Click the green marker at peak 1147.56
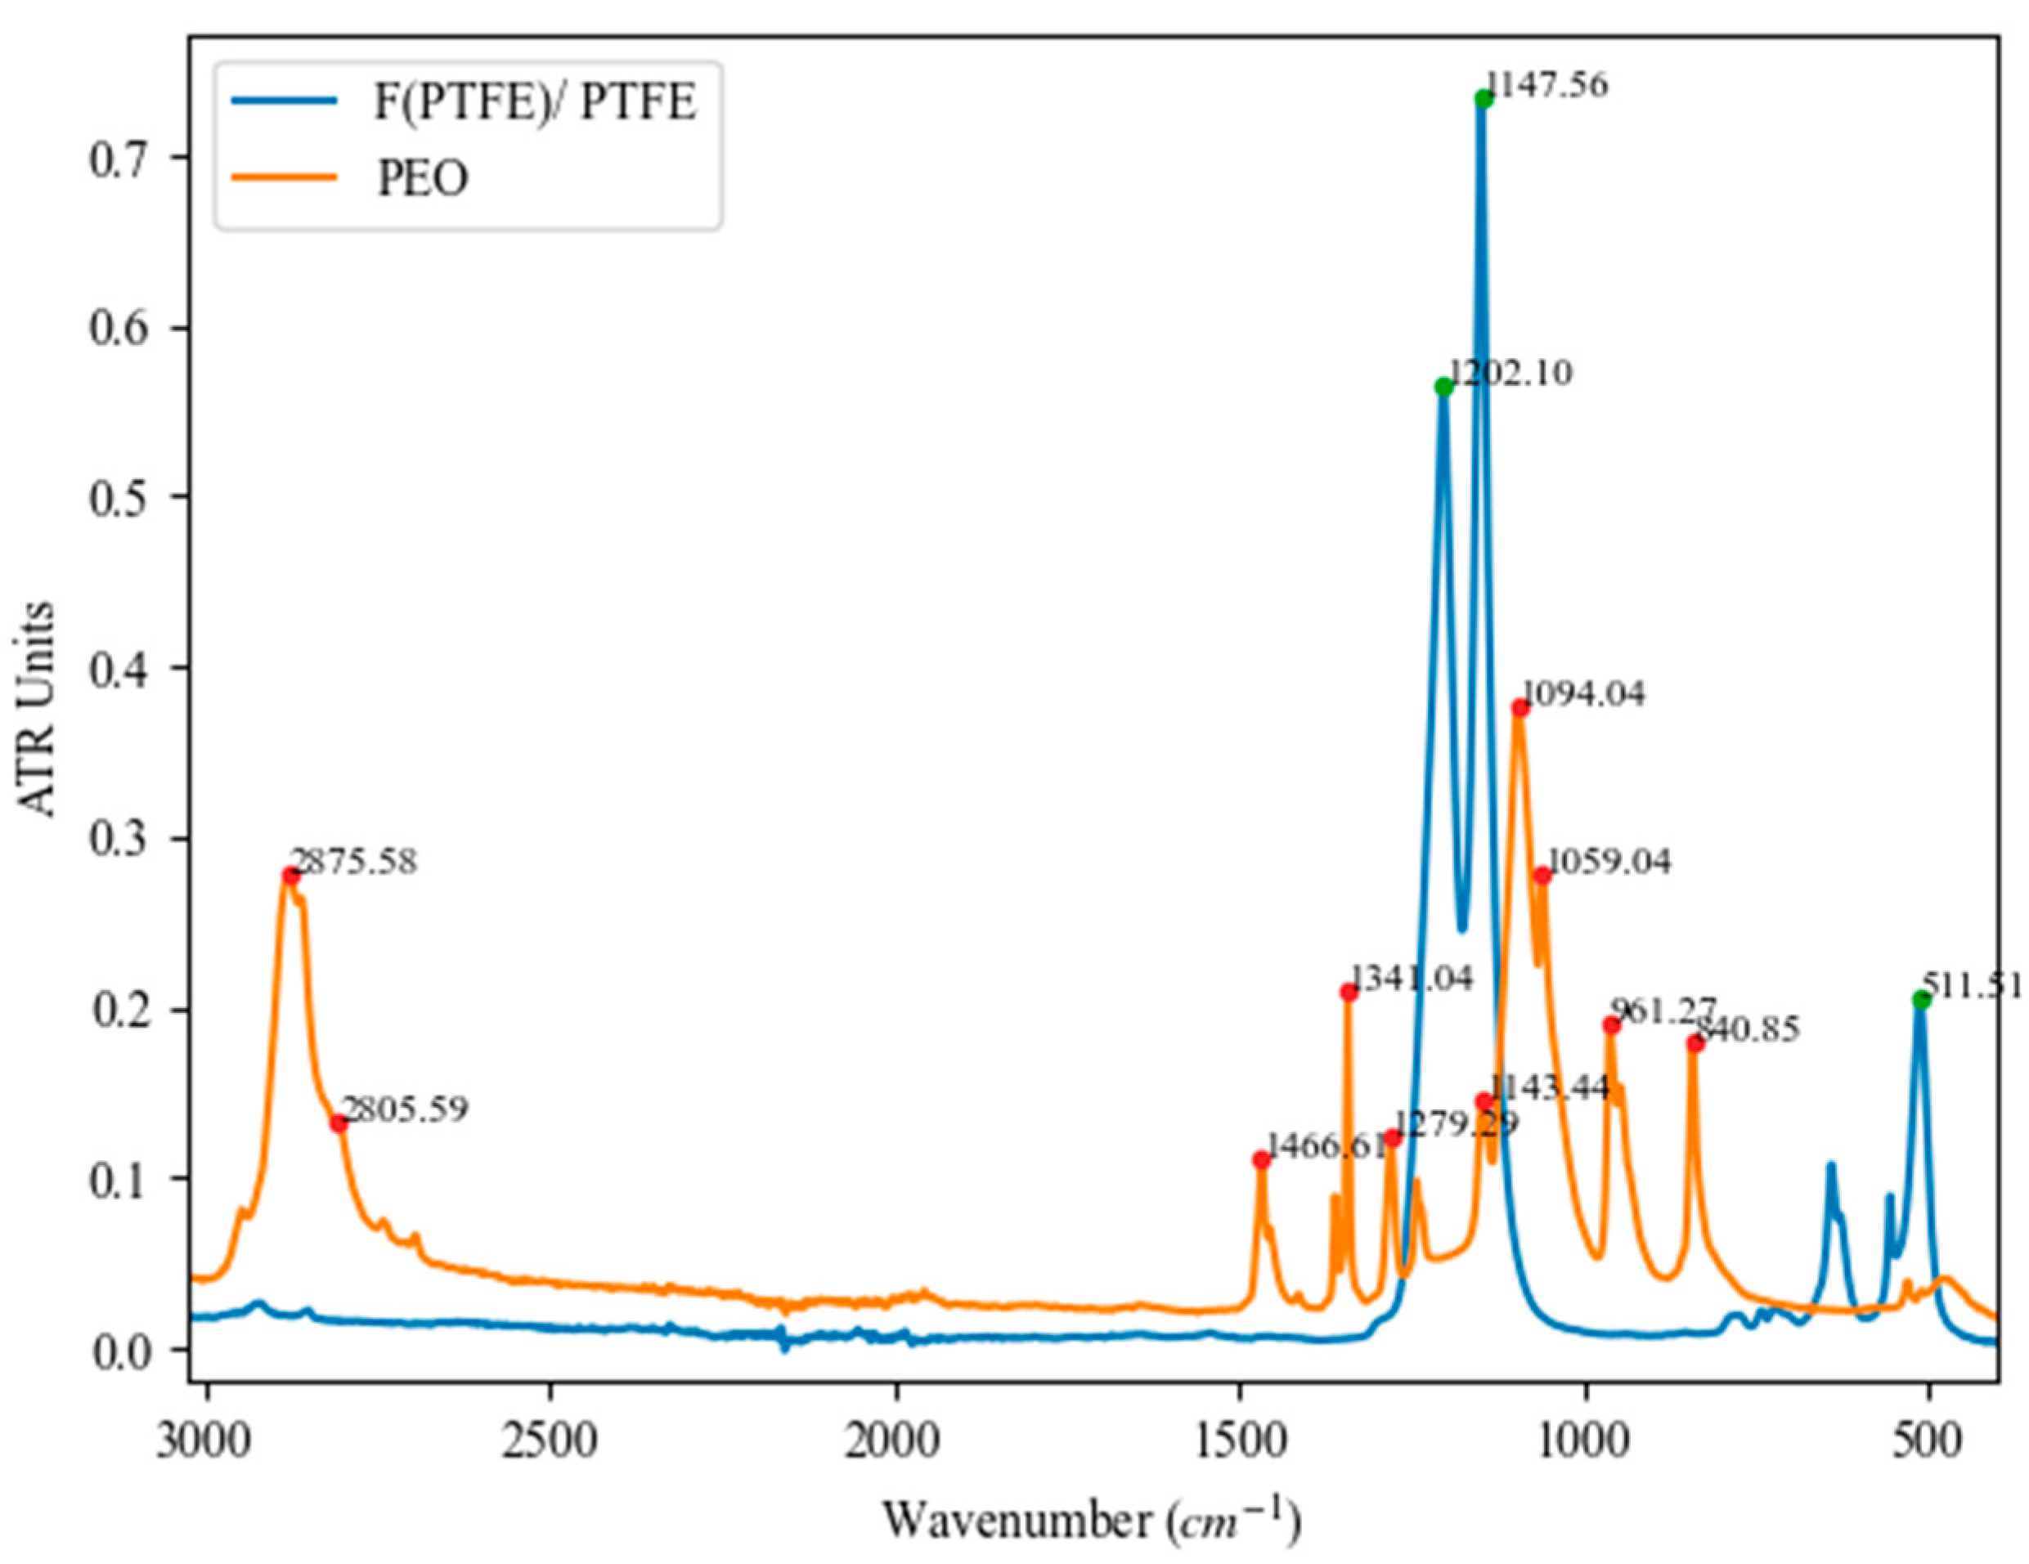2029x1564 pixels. [x=1484, y=100]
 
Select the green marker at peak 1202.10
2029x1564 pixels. [x=1443, y=388]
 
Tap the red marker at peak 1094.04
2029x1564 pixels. [x=1520, y=708]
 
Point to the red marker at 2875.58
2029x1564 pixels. [x=291, y=875]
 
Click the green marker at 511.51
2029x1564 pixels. [x=1921, y=999]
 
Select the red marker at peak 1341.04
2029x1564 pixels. [x=1349, y=992]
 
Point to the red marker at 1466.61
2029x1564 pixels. [x=1261, y=1160]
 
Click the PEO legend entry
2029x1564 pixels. [x=423, y=178]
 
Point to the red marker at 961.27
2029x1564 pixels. [x=1612, y=1025]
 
